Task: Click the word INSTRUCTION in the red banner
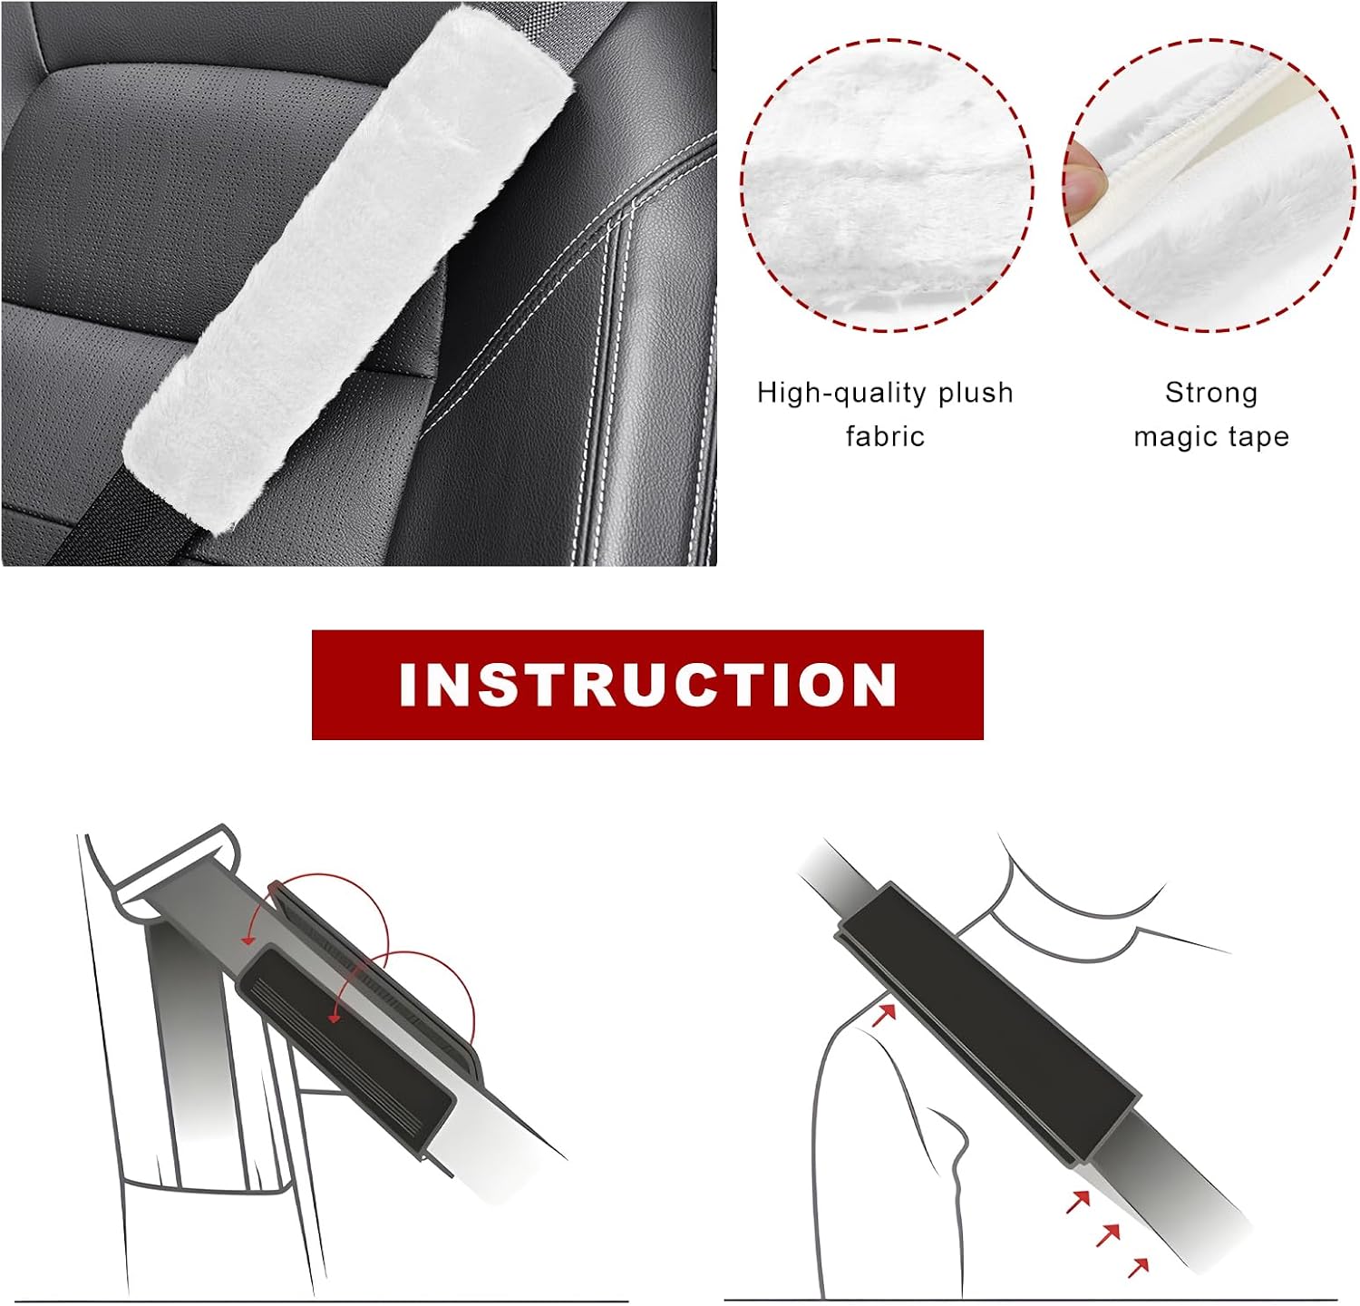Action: click(x=647, y=685)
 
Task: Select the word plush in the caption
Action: click(x=976, y=393)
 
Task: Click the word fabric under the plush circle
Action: click(x=885, y=436)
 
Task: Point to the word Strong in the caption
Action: click(x=1211, y=393)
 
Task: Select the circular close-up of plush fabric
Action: click(x=887, y=185)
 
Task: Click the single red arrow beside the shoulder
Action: click(x=884, y=1014)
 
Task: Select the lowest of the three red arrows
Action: click(x=1139, y=1267)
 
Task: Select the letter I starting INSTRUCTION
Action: click(x=407, y=685)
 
